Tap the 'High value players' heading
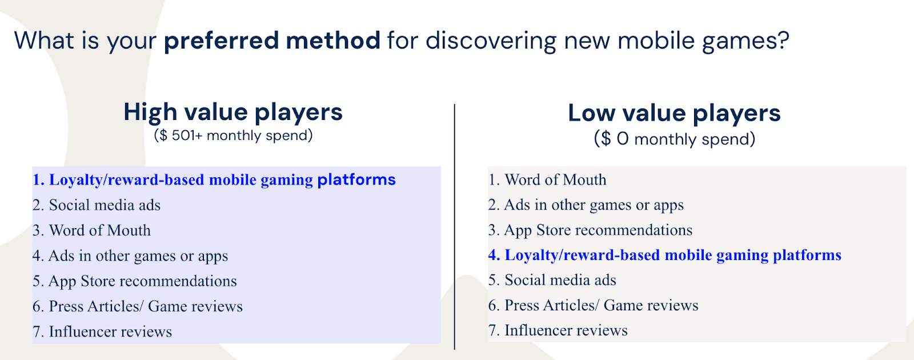click(x=233, y=112)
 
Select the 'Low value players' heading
click(x=674, y=113)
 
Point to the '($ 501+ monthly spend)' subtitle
click(x=233, y=135)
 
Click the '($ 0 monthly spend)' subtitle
click(x=675, y=139)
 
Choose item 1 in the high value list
click(x=214, y=180)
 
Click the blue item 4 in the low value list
click(x=665, y=255)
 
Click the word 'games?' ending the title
click(x=745, y=42)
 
